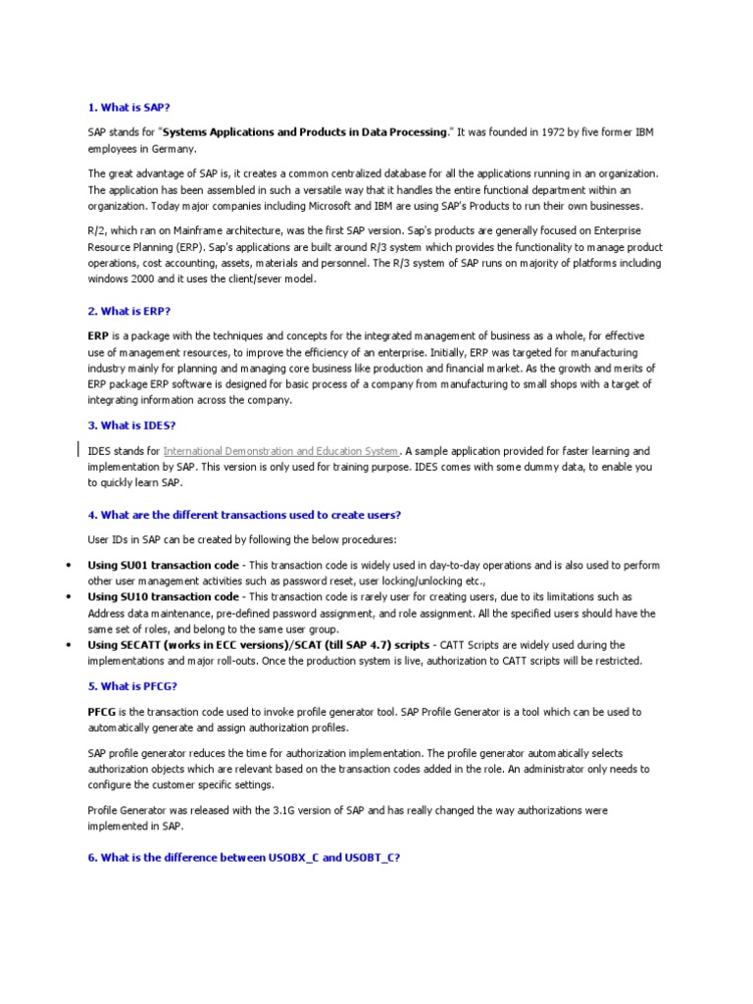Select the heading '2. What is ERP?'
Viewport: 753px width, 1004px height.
pos(128,311)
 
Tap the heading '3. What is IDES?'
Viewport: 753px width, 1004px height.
pos(131,425)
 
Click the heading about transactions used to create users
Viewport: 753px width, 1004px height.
pos(244,515)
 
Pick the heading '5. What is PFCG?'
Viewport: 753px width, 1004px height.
pos(132,685)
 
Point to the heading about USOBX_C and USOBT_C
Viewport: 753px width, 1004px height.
pos(243,856)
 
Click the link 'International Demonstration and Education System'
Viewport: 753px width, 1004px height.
pos(280,451)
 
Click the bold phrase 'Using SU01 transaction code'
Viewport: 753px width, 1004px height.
pos(163,565)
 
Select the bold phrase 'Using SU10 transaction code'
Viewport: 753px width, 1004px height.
pos(163,596)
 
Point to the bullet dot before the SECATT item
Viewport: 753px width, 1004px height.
pos(68,645)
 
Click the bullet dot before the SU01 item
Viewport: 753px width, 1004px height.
pos(68,566)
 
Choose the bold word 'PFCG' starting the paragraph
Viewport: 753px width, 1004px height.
pos(102,711)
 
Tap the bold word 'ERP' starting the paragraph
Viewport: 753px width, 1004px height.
pos(98,336)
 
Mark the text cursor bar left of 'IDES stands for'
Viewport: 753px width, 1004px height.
pos(79,450)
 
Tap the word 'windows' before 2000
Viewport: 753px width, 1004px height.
pos(108,279)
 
